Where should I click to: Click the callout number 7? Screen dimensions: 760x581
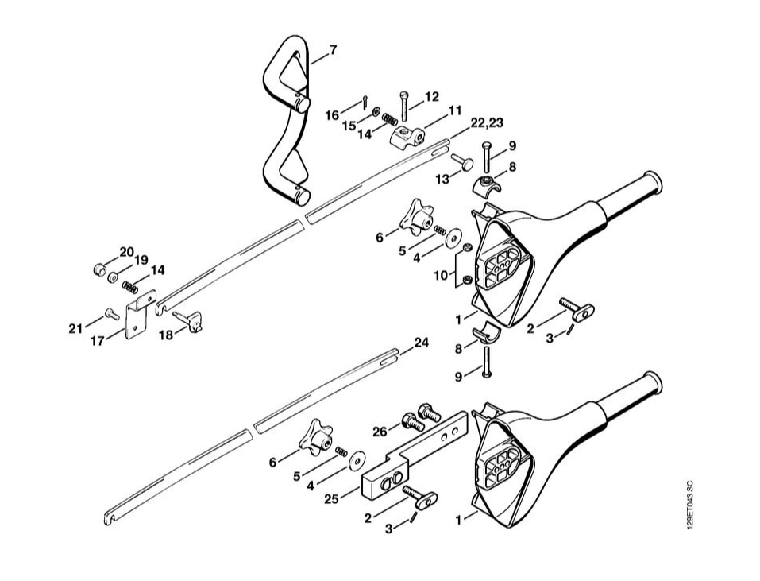tap(333, 49)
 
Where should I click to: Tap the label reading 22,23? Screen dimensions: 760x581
tap(486, 122)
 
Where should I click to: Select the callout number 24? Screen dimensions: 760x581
tap(421, 343)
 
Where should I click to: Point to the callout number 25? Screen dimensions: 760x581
tap(331, 498)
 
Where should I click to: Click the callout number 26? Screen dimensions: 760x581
tap(380, 431)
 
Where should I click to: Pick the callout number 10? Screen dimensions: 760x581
tap(441, 276)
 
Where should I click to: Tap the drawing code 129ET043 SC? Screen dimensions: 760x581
tap(690, 505)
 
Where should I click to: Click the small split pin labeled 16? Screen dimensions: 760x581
tap(365, 102)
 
